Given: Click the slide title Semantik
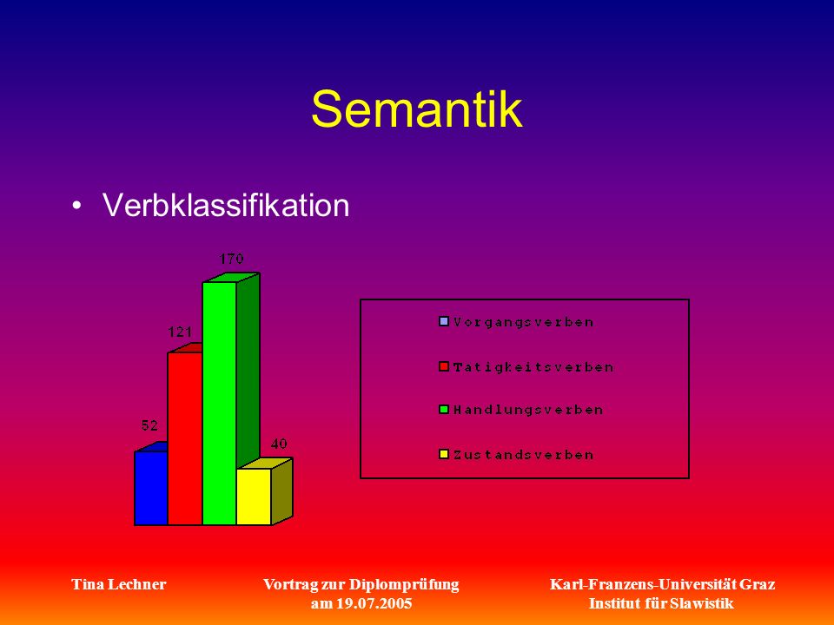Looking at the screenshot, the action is pos(417,109).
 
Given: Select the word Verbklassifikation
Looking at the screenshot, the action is pos(226,205).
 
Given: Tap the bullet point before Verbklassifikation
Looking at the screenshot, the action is pos(77,205).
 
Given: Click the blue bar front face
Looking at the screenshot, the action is pos(151,488).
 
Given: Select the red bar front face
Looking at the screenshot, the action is pos(185,438).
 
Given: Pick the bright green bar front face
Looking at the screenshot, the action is pos(219,404).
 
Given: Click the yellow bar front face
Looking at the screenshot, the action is pos(254,497).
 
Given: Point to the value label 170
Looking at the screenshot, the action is pos(231,259).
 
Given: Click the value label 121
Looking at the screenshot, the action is pos(180,332).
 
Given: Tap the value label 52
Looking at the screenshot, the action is pos(149,425).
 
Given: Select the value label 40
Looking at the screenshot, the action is pos(279,444).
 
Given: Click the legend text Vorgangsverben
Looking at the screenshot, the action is pos(523,323).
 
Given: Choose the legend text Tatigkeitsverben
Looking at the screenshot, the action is pos(533,367).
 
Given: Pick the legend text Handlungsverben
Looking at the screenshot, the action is pos(528,411).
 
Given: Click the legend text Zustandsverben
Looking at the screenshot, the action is pos(523,455).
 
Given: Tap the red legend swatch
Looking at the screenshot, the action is pos(444,366).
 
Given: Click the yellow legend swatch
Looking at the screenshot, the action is pos(444,454).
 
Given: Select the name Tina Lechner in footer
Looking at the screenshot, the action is pos(119,584).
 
